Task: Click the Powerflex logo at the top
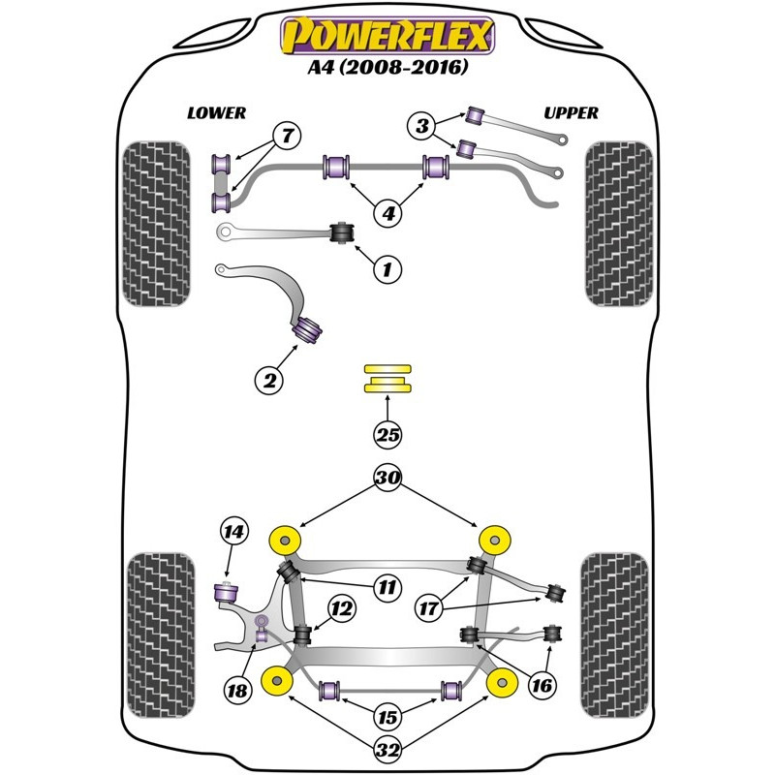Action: tap(387, 37)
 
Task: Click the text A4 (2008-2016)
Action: tap(387, 69)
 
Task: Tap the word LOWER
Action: tap(216, 113)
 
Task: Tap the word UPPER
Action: tap(571, 113)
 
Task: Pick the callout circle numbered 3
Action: tap(422, 125)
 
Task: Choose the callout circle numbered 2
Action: tap(270, 381)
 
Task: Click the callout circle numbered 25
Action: tap(387, 435)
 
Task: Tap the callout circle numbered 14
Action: tap(233, 531)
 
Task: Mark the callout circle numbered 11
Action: tap(387, 587)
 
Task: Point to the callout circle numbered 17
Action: tap(428, 609)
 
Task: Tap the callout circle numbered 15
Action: tap(387, 718)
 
